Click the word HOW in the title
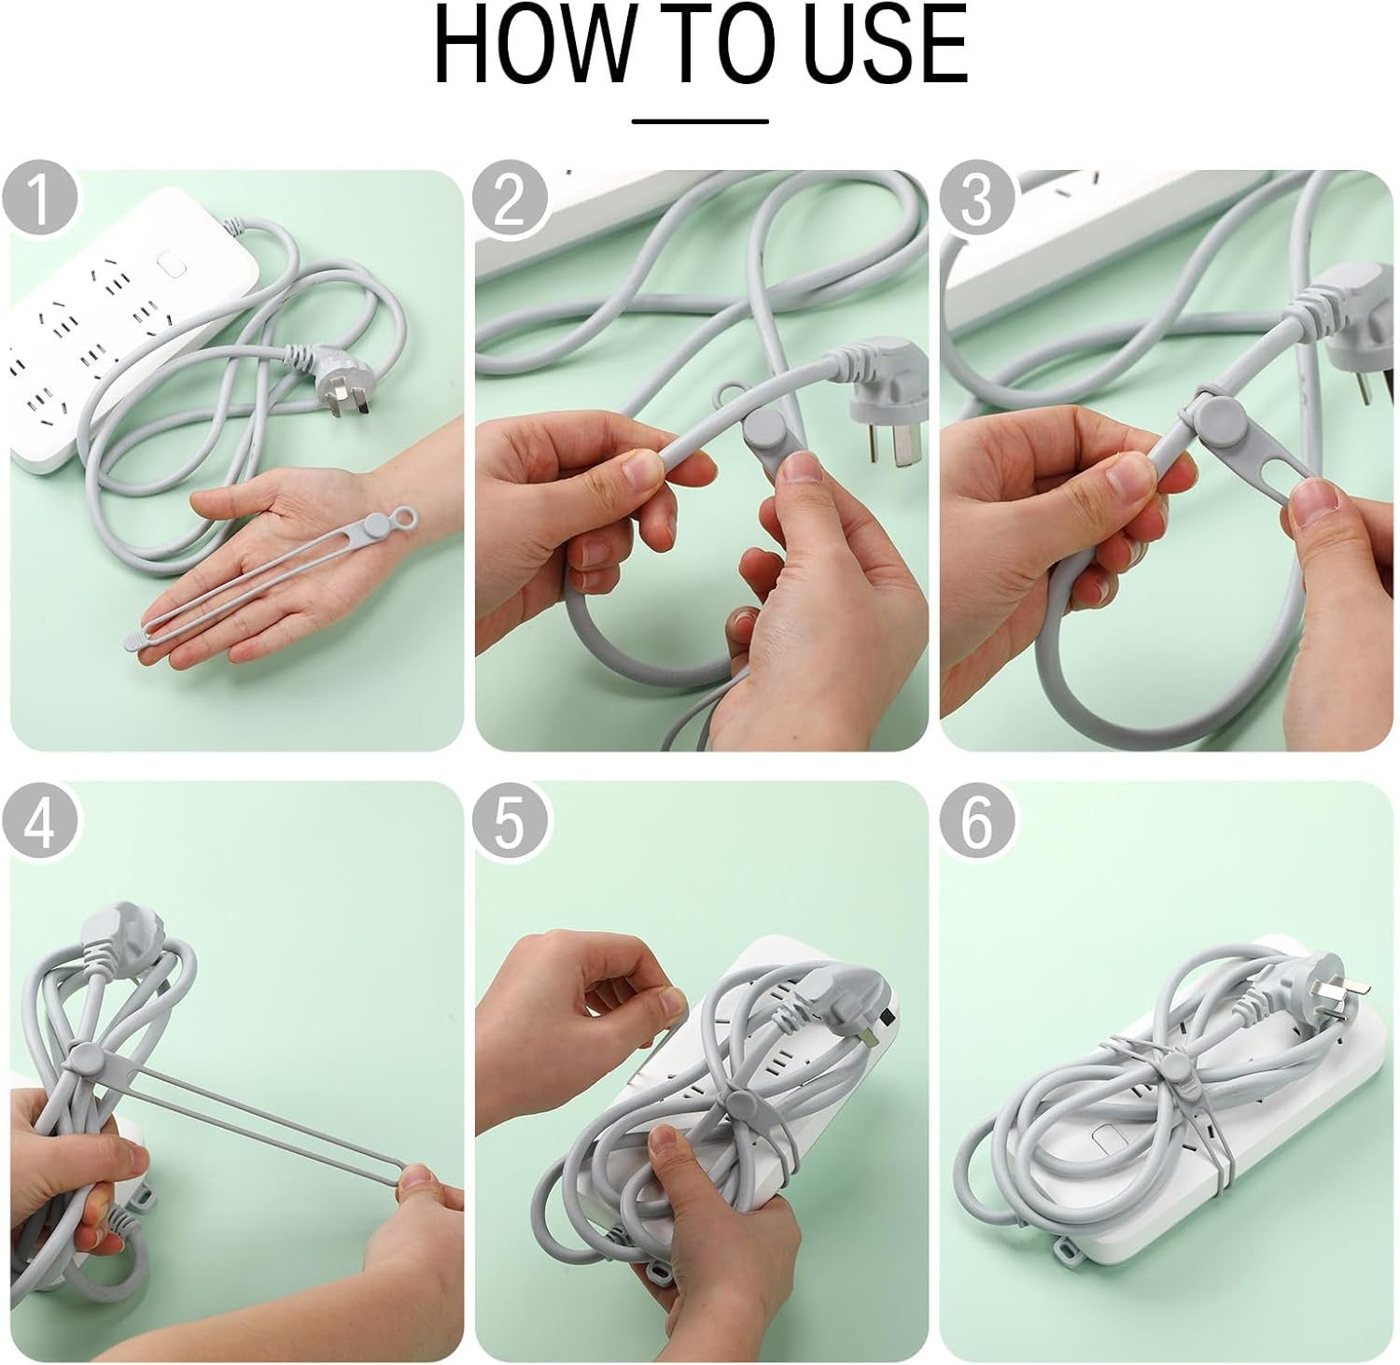tap(527, 46)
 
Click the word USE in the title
tap(886, 46)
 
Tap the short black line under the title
tap(700, 120)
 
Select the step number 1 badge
tap(39, 199)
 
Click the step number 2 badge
tap(509, 199)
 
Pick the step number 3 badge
tap(975, 199)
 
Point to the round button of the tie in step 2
tap(765, 430)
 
